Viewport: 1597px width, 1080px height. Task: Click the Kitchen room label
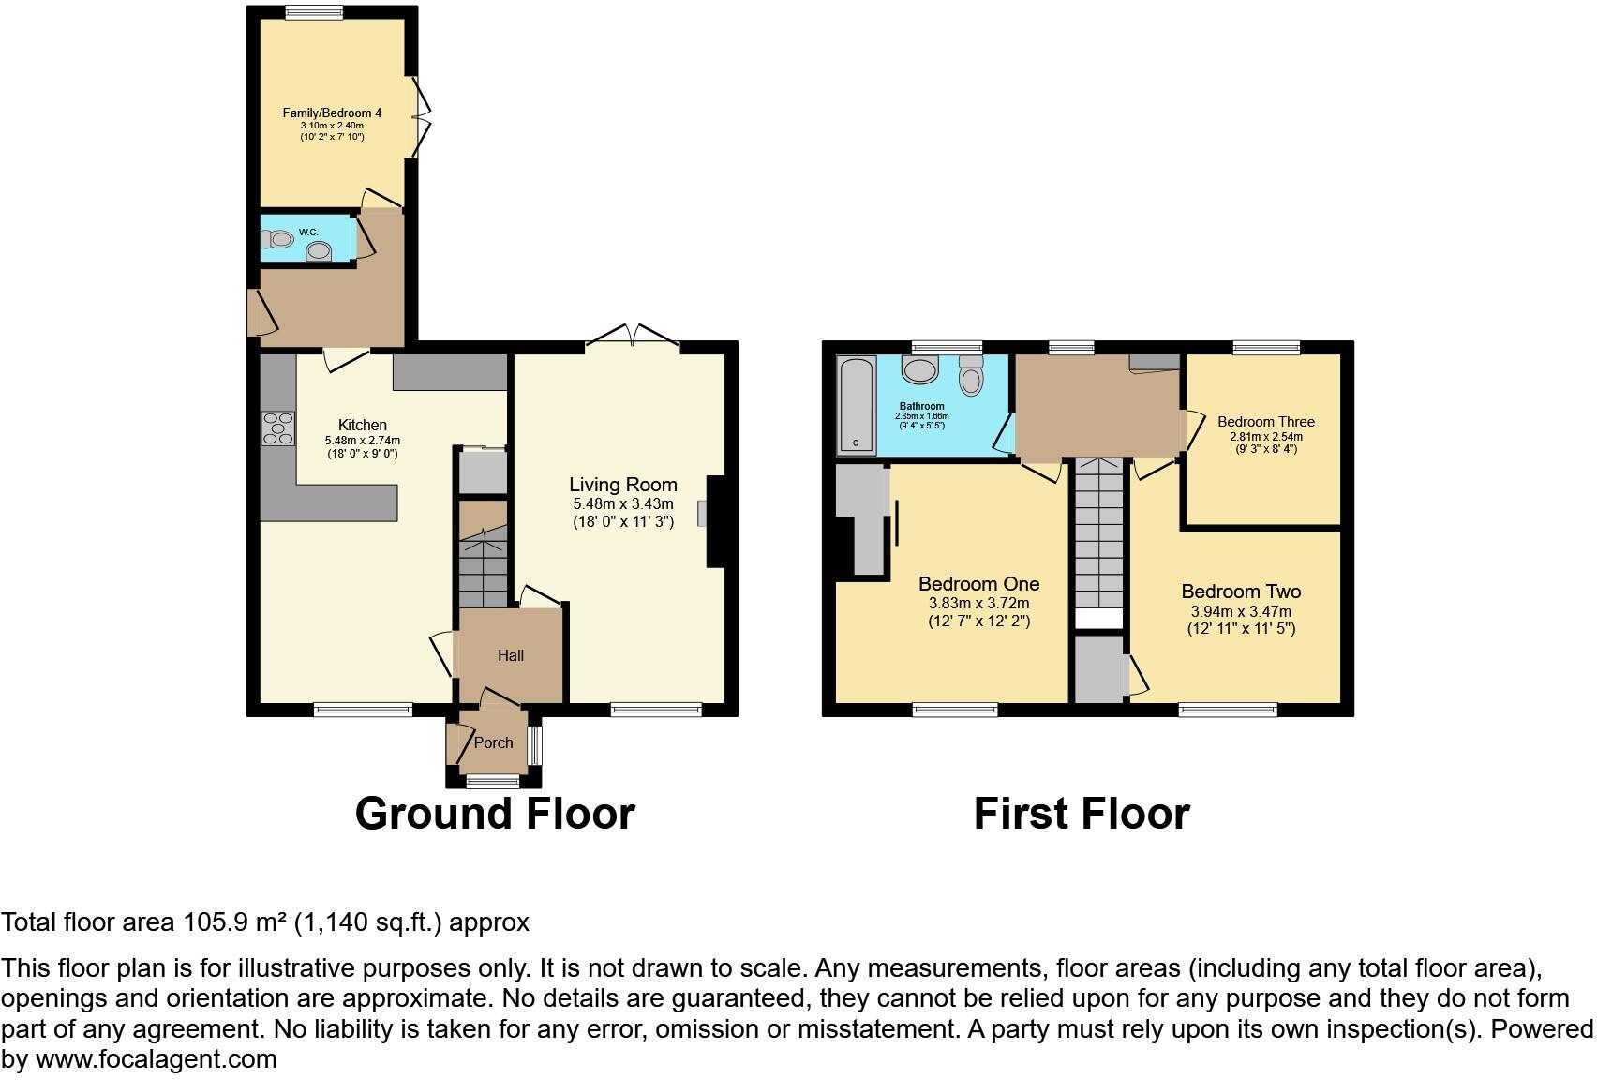coord(362,425)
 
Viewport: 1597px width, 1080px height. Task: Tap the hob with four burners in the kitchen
coord(277,428)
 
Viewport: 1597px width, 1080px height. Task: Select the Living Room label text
coord(623,485)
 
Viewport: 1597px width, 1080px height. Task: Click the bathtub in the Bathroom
coord(856,405)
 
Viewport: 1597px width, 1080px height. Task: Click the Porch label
coord(493,742)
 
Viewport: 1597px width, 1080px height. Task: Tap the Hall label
coord(511,655)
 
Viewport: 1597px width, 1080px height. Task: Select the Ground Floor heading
coord(495,813)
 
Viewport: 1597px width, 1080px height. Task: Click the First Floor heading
coord(1082,813)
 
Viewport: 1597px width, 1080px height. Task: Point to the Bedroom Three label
coord(1265,422)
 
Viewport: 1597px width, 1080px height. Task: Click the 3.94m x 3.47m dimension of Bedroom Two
coord(1241,611)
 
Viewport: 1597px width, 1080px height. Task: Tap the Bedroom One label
coord(978,584)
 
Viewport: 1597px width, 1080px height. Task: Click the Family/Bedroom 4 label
coord(332,112)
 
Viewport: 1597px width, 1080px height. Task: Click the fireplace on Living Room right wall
coord(715,521)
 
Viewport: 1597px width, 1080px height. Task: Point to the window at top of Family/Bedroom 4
coord(314,12)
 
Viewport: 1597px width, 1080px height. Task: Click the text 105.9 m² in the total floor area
coord(234,922)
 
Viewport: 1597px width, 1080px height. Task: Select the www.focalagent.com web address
coord(157,1059)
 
